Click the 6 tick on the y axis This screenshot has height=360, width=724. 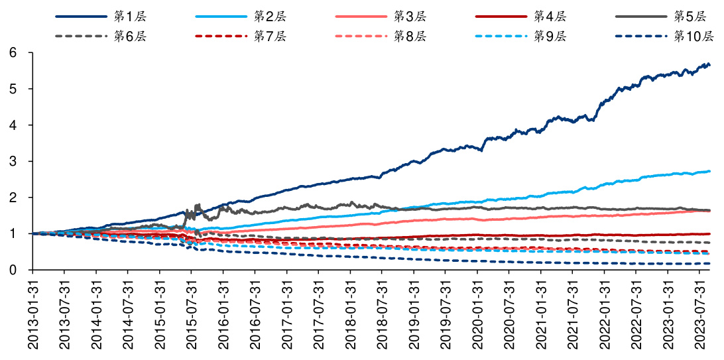click(13, 53)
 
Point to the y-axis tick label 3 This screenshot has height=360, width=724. click(13, 162)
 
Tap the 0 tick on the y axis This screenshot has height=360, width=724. click(13, 270)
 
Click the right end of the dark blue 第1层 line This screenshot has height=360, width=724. click(709, 64)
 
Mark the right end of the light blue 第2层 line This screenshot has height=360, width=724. click(709, 171)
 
